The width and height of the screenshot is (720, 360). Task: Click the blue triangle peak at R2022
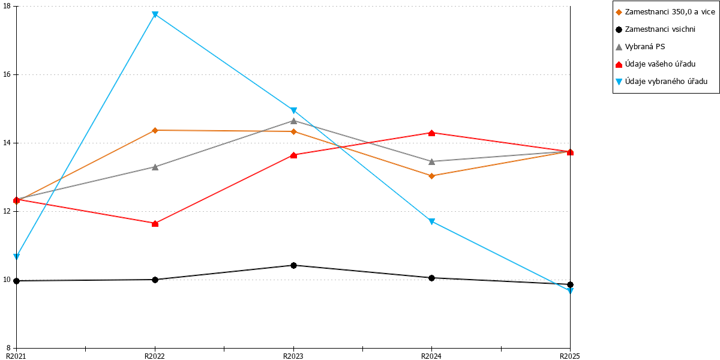pyautogui.click(x=155, y=14)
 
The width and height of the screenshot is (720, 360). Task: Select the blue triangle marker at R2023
pyautogui.click(x=293, y=110)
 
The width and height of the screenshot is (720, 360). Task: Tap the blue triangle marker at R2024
pyautogui.click(x=431, y=221)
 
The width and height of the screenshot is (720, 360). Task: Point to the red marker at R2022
pyautogui.click(x=155, y=223)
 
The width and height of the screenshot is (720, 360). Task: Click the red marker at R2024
pyautogui.click(x=431, y=133)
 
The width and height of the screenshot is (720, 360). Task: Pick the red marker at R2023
pyautogui.click(x=293, y=155)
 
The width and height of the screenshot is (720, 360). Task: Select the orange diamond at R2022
pyautogui.click(x=155, y=130)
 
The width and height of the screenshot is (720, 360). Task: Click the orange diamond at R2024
pyautogui.click(x=431, y=176)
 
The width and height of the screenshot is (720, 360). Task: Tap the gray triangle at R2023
pyautogui.click(x=293, y=121)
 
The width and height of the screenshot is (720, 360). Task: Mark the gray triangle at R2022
pyautogui.click(x=155, y=167)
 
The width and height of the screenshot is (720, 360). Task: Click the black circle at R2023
pyautogui.click(x=293, y=265)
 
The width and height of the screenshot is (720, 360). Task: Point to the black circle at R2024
pyautogui.click(x=431, y=278)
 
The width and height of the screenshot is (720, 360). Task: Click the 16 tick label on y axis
pyautogui.click(x=7, y=74)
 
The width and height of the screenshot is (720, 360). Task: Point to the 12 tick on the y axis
pyautogui.click(x=7, y=211)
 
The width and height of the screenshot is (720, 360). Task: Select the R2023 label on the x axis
pyautogui.click(x=293, y=356)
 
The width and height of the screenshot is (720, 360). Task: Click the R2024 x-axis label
pyautogui.click(x=431, y=356)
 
